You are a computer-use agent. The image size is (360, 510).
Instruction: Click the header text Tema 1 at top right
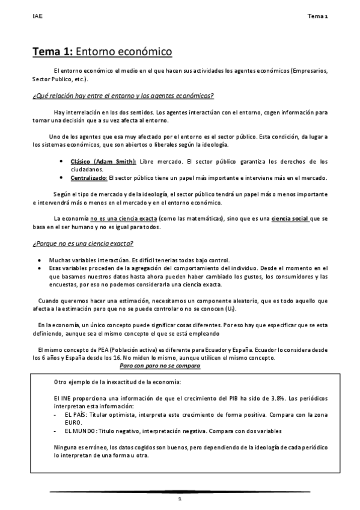(x=318, y=17)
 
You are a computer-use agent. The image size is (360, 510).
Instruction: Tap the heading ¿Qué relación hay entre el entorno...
(x=123, y=96)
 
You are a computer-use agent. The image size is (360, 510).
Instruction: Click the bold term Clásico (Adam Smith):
(x=103, y=161)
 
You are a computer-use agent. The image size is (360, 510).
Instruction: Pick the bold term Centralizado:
(x=89, y=177)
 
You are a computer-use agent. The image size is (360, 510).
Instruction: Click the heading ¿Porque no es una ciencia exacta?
(x=82, y=243)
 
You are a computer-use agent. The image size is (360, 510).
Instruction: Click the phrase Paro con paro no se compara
(x=159, y=366)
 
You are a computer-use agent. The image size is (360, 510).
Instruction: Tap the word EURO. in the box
(x=73, y=422)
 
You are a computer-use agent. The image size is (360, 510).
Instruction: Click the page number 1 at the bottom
(x=179, y=499)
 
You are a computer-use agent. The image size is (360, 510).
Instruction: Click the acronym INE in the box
(x=69, y=398)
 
